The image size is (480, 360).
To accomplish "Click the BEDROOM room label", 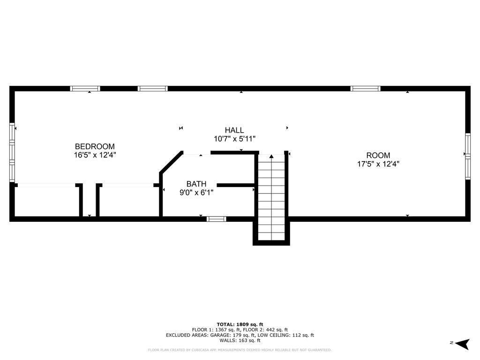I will click(x=95, y=146).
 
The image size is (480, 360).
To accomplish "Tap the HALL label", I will click(x=234, y=130).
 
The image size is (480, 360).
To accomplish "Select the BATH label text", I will click(x=196, y=184).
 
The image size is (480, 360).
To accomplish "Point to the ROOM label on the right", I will click(x=378, y=156).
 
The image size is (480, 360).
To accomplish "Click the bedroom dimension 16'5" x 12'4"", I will click(x=95, y=155).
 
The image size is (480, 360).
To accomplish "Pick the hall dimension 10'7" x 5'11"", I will click(x=234, y=139).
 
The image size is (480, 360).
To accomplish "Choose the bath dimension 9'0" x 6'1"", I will click(x=196, y=192).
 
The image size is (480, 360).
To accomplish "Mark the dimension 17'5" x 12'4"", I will click(x=378, y=164).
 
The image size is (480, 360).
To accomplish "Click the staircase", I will click(x=271, y=197).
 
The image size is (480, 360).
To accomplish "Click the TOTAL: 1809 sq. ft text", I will click(x=240, y=324).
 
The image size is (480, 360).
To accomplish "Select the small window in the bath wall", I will click(x=217, y=219).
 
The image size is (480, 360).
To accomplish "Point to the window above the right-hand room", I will click(x=365, y=88).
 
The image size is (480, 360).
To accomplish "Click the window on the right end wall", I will click(x=467, y=156).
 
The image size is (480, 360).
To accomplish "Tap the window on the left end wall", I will click(x=13, y=152).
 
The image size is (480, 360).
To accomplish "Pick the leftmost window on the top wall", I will click(x=85, y=88).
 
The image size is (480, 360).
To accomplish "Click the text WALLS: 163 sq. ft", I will click(x=240, y=341).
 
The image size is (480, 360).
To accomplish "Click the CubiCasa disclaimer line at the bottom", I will click(x=240, y=350).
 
